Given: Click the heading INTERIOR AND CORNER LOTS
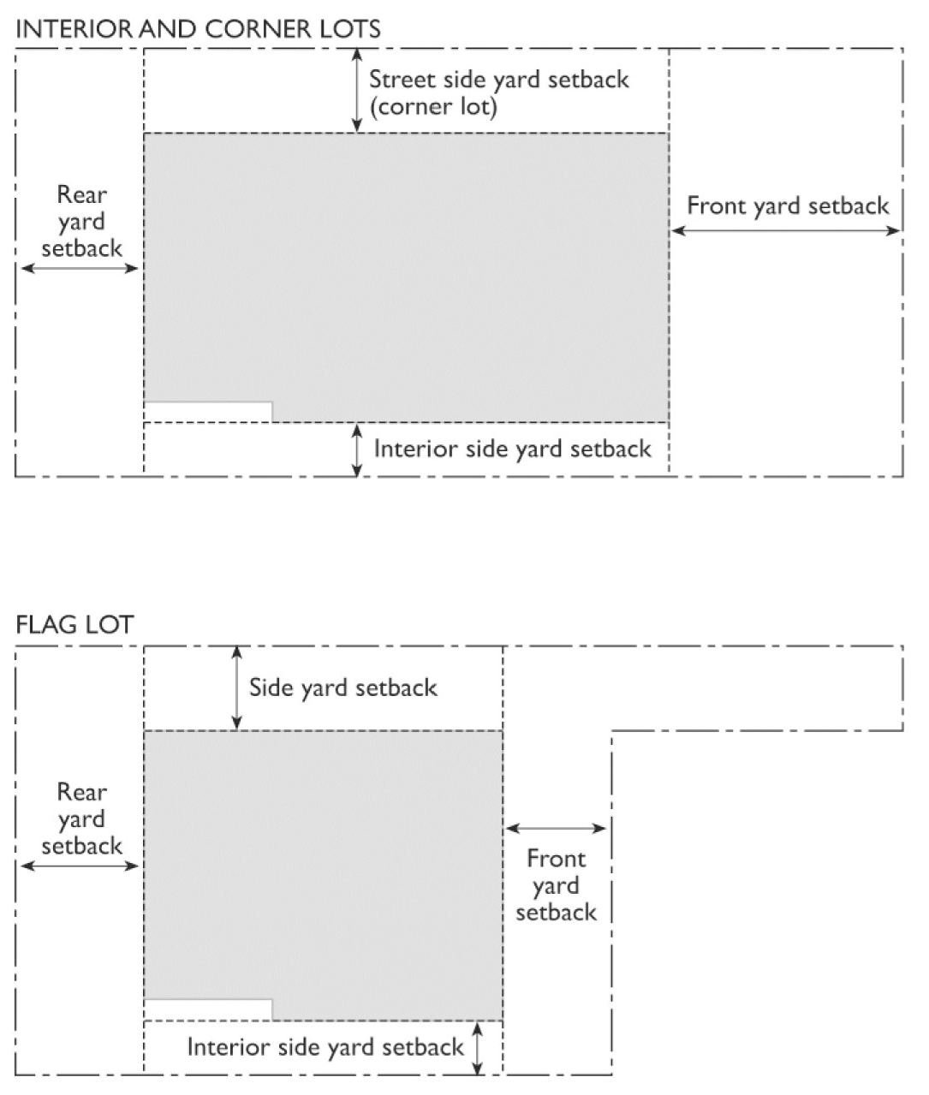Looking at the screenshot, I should pos(198,29).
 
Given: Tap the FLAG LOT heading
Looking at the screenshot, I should pos(74,625).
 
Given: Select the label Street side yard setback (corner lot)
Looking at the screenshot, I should pos(498,92).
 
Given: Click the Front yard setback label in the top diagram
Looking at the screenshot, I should pos(788,205).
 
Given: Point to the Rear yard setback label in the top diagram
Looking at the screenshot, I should pos(81,222).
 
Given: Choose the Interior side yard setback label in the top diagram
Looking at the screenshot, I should pos(512,449).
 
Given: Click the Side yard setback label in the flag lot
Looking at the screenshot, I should pos(342,687).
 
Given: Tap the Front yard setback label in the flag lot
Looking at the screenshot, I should pos(556,885).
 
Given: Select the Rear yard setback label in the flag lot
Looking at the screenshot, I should pos(81,819).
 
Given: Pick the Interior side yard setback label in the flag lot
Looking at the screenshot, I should pos(325,1046).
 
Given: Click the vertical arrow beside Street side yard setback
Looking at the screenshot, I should pos(357,91).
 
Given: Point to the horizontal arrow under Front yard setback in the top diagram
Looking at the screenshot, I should pos(786,230).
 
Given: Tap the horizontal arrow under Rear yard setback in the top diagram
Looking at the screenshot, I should pos(80,268).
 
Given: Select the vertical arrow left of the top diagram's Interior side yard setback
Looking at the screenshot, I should pos(357,449).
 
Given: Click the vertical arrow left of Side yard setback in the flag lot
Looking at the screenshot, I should pos(236,687).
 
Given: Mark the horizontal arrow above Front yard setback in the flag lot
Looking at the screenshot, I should pos(556,828).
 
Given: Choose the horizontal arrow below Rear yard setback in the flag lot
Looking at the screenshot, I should pos(80,866).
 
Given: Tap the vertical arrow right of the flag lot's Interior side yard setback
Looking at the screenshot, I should pos(479,1046).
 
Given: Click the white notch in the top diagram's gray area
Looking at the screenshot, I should pos(208,411).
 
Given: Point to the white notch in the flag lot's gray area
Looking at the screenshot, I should pos(208,1009).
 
